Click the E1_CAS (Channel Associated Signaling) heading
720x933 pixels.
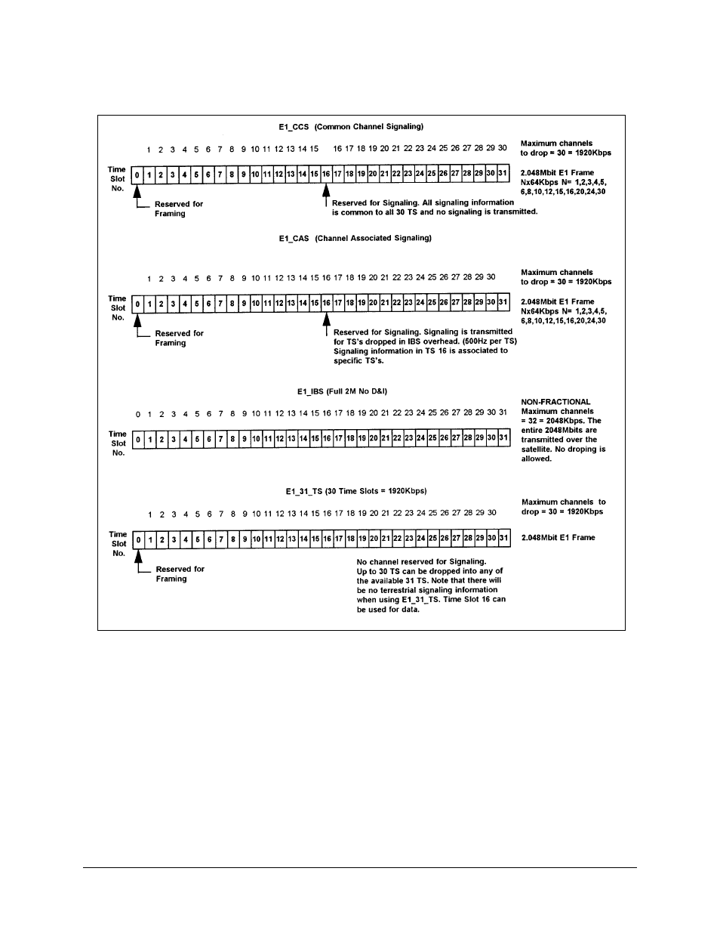[355, 238]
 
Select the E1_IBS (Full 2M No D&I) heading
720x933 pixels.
[342, 391]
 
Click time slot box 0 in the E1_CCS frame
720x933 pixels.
[137, 175]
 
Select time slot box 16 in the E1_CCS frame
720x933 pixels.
[326, 175]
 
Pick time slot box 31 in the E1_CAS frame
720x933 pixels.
[503, 304]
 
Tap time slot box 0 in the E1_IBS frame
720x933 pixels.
[139, 439]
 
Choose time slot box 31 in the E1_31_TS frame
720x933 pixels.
[504, 539]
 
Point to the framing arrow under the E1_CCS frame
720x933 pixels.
[137, 193]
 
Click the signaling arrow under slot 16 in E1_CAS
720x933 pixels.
[327, 323]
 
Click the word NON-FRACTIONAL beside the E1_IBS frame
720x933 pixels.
[556, 402]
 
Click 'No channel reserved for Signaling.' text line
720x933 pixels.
[421, 561]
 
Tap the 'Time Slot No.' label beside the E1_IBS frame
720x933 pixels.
[118, 443]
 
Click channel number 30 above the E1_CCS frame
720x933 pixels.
[502, 148]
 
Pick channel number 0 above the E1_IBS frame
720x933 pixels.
[138, 413]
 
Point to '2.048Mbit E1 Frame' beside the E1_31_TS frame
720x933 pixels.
[558, 538]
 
